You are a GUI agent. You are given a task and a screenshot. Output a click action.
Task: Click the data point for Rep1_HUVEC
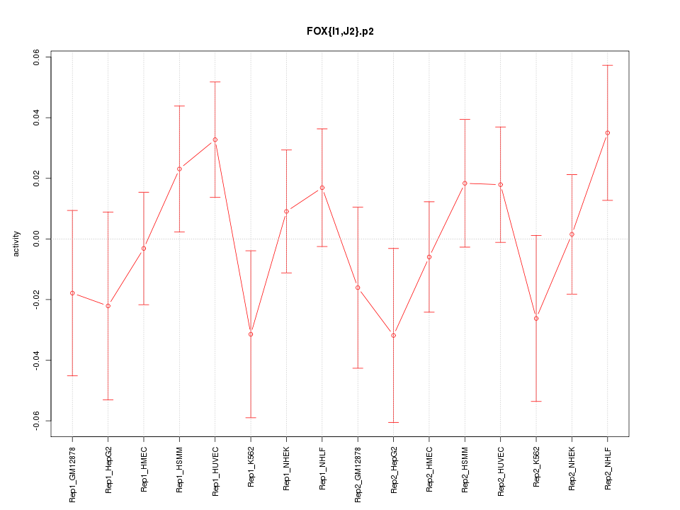(215, 140)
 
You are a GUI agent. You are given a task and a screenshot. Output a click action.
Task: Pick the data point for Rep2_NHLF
(607, 132)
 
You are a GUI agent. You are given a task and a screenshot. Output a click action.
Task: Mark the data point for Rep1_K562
(251, 334)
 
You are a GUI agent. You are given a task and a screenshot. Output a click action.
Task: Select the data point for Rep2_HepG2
(393, 335)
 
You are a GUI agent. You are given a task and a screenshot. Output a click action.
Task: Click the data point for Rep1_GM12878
(72, 293)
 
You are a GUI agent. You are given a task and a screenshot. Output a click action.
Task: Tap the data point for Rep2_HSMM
(465, 183)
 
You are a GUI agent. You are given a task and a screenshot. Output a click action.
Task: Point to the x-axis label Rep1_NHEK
(287, 468)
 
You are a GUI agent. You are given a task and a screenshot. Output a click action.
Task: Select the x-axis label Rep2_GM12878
(358, 473)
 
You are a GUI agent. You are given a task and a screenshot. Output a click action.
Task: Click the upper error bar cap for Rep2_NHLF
(607, 65)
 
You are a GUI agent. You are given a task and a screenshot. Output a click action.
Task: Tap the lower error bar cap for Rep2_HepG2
(393, 422)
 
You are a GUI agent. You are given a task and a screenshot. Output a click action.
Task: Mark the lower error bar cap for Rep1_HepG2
(108, 399)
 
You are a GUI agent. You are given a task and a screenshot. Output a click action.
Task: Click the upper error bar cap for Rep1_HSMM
(179, 106)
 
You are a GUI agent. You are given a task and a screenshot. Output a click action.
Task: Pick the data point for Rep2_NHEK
(572, 234)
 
